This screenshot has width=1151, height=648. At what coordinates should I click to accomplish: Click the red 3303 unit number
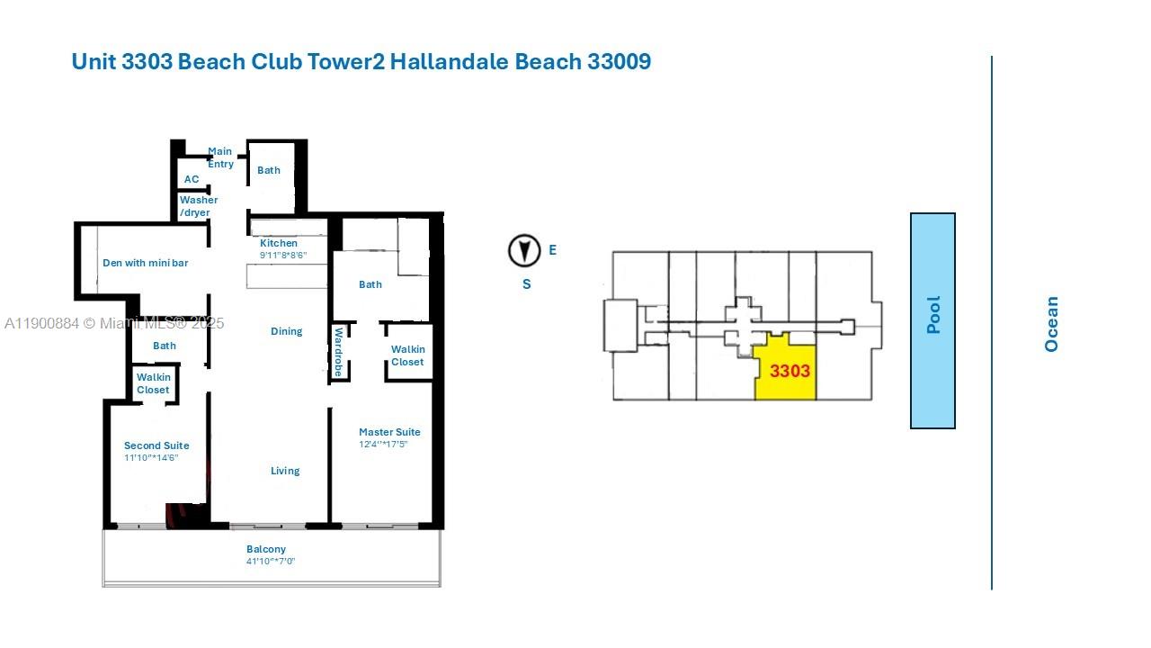[790, 371]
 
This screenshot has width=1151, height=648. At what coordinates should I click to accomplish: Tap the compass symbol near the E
[524, 251]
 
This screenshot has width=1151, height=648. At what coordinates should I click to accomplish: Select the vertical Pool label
[933, 316]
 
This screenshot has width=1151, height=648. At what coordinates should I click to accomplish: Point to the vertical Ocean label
[1051, 324]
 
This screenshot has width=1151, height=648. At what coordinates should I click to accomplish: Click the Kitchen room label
[279, 243]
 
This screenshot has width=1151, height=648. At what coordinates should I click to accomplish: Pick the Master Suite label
[389, 432]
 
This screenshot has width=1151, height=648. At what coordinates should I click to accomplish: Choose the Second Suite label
[156, 445]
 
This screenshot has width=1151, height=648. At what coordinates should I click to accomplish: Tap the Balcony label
[266, 549]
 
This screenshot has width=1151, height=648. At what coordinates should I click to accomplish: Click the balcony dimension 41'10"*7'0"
[271, 562]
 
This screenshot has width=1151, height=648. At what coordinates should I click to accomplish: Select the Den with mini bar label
[145, 263]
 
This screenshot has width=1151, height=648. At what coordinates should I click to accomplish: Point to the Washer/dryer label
[197, 206]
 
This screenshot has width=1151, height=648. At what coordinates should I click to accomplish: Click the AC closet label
[192, 179]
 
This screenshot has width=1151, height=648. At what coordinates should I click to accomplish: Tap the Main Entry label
[220, 157]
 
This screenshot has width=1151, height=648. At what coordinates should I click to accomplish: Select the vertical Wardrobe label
[339, 352]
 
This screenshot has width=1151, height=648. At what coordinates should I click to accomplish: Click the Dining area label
[287, 331]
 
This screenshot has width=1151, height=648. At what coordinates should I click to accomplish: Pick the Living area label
[285, 471]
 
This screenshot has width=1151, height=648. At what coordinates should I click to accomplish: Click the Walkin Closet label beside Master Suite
[407, 355]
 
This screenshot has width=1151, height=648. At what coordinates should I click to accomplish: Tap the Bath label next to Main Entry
[269, 170]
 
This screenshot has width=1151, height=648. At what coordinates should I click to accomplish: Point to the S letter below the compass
[527, 284]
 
